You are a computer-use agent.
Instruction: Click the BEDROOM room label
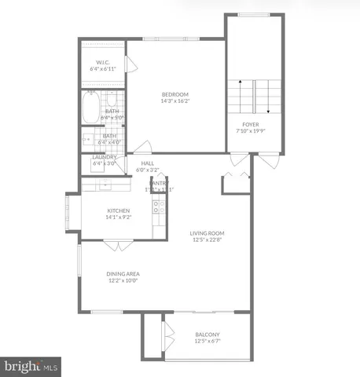point(174,93)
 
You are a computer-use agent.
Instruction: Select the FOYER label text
point(250,125)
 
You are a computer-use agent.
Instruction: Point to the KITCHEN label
point(118,210)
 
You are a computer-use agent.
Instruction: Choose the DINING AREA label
point(123,273)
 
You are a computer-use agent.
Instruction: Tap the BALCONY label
point(208,334)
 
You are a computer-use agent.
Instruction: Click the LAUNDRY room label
point(105,157)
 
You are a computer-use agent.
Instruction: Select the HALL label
point(147,163)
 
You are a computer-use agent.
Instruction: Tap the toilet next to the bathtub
point(111,100)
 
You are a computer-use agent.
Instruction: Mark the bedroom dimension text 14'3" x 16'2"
point(174,101)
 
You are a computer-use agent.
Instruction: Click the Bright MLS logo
point(31,366)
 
